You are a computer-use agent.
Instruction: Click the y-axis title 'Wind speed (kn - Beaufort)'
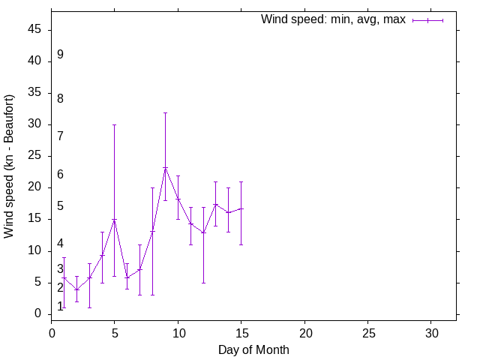tap(9, 166)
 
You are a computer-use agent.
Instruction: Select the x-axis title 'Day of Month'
tap(253, 349)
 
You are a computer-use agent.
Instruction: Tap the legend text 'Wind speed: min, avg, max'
tap(333, 19)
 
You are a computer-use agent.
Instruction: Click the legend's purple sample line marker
tap(427, 20)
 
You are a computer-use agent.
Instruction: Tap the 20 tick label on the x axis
tap(304, 331)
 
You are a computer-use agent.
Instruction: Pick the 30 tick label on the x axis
tap(431, 331)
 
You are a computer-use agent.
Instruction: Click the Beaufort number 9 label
tap(60, 55)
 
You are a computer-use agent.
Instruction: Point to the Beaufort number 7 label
tap(60, 136)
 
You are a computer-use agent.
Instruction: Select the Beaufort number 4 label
tap(60, 244)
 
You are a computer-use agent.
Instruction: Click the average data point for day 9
tap(165, 168)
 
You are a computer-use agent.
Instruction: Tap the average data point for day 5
tap(114, 219)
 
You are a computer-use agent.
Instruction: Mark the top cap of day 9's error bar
tap(165, 112)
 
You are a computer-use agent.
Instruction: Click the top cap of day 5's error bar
tap(114, 124)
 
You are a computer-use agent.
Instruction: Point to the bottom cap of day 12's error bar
tap(203, 283)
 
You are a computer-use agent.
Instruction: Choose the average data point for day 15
tap(241, 208)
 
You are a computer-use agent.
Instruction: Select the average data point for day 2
tap(76, 289)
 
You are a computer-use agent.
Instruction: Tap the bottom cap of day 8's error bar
tap(152, 295)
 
